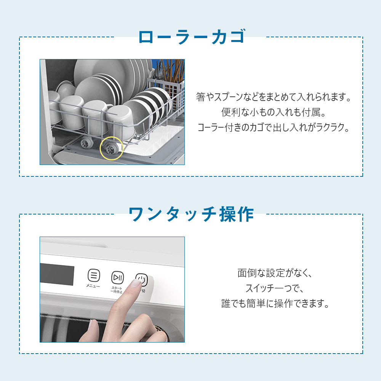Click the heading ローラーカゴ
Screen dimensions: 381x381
pos(192,37)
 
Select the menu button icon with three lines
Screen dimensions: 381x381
pos(94,275)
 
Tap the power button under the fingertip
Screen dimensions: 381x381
pos(142,280)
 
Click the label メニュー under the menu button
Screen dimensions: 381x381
pos(93,286)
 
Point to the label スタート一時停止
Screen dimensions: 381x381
pos(117,290)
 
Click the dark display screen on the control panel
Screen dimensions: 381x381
pos(57,274)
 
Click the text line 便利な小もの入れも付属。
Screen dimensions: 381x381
pos(274,112)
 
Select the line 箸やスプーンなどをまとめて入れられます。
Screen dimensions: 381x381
pos(274,97)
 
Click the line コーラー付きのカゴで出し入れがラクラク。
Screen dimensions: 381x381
pos(274,127)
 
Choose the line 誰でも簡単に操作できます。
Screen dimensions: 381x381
pos(275,304)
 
